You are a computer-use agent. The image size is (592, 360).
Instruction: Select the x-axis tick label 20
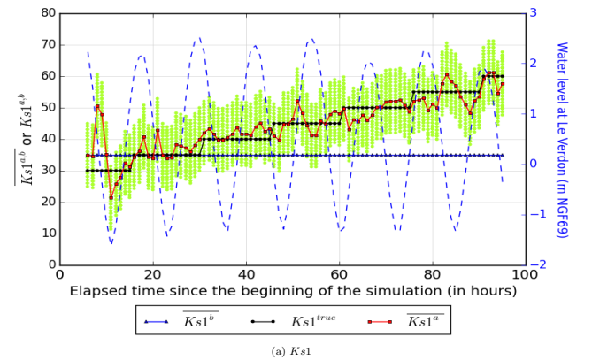[x=153, y=273]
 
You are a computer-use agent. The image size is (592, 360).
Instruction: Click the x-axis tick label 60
[x=339, y=273]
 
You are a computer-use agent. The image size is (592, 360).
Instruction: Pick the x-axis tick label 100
[x=525, y=273]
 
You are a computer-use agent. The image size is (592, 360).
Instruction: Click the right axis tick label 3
[x=534, y=13]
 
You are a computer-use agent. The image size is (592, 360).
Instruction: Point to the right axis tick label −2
[x=536, y=264]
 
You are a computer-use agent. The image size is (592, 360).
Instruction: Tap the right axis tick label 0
[x=534, y=164]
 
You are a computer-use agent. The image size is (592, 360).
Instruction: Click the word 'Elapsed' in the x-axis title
[x=98, y=291]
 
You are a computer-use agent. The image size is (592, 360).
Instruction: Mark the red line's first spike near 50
[x=97, y=107]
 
